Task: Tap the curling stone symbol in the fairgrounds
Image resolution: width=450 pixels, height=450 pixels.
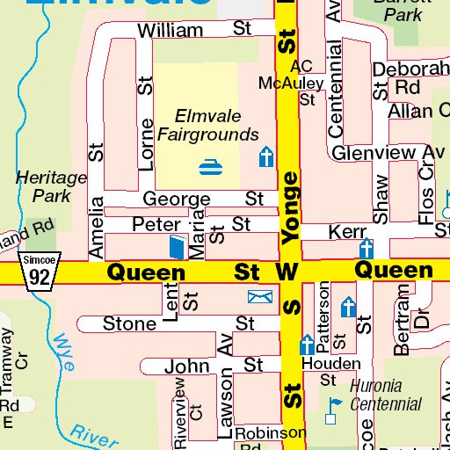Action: (x=210, y=164)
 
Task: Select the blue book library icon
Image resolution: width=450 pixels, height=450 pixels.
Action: (x=178, y=247)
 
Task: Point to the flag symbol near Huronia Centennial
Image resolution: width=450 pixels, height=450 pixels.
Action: (x=332, y=405)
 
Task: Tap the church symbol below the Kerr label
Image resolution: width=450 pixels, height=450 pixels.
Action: (x=366, y=249)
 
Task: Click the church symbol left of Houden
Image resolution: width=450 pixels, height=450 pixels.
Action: (x=307, y=344)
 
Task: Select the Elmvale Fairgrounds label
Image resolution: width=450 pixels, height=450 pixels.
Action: (x=207, y=125)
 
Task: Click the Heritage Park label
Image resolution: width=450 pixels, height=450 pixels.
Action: (x=51, y=185)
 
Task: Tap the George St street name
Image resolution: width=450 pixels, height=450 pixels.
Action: (x=203, y=199)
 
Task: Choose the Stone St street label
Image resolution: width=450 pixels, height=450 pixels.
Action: (x=178, y=324)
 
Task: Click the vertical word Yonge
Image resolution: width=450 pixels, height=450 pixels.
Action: (x=291, y=207)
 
